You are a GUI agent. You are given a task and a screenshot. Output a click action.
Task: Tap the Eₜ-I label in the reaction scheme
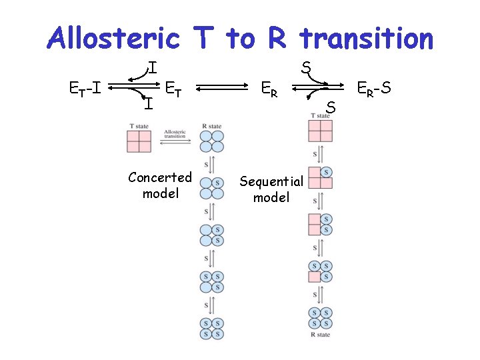pyautogui.click(x=85, y=87)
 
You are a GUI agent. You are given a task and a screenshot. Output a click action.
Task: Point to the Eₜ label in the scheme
pyautogui.click(x=175, y=87)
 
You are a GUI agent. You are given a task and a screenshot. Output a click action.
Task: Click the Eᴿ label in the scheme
pyautogui.click(x=270, y=87)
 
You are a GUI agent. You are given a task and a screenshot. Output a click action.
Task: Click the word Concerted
pyautogui.click(x=160, y=177)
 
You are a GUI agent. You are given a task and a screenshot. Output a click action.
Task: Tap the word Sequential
pyautogui.click(x=271, y=181)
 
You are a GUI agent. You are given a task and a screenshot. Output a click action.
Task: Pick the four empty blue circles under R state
pyautogui.click(x=213, y=141)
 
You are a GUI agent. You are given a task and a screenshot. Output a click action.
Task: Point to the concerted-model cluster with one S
pyautogui.click(x=213, y=188)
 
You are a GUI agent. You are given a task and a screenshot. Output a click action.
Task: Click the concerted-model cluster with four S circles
pyautogui.click(x=213, y=327)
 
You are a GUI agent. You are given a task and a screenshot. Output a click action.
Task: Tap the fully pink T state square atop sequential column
pyautogui.click(x=321, y=130)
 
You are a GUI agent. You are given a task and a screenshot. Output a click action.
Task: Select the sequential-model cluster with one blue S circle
pyautogui.click(x=321, y=177)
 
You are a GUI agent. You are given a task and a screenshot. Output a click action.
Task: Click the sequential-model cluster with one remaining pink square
pyautogui.click(x=321, y=271)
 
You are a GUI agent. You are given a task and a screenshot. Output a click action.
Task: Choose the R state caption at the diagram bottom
pyautogui.click(x=321, y=334)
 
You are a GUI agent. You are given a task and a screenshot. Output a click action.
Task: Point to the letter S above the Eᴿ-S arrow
pyautogui.click(x=305, y=67)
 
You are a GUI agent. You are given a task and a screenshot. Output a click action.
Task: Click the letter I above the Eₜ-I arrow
pyautogui.click(x=153, y=67)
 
